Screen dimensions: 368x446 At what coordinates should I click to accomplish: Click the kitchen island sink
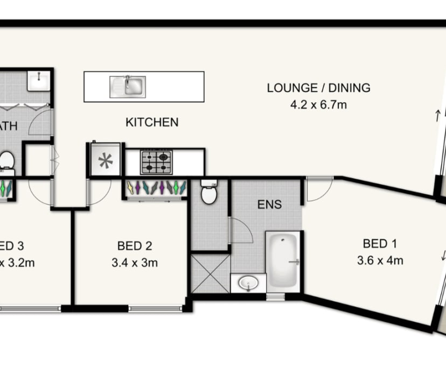pyautogui.click(x=128, y=87)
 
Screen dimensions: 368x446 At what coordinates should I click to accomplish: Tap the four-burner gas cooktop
pyautogui.click(x=156, y=162)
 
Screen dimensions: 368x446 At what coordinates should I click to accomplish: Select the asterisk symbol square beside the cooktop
pyautogui.click(x=106, y=160)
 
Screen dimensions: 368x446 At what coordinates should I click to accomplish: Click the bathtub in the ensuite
pyautogui.click(x=283, y=261)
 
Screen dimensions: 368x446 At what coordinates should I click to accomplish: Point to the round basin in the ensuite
pyautogui.click(x=248, y=282)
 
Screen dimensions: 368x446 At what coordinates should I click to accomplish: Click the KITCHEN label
pyautogui.click(x=152, y=123)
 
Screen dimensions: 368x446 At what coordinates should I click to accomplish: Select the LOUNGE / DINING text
pyautogui.click(x=318, y=88)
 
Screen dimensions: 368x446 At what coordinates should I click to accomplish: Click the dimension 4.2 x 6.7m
pyautogui.click(x=318, y=105)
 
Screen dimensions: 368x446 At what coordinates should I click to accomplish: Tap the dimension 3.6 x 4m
pyautogui.click(x=380, y=261)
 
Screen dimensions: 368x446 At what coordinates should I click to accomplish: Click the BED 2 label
pyautogui.click(x=135, y=246)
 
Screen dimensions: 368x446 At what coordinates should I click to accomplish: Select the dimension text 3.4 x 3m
pyautogui.click(x=135, y=263)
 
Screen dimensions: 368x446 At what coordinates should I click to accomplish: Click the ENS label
pyautogui.click(x=270, y=204)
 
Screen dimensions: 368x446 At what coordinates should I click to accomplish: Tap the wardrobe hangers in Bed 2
pyautogui.click(x=156, y=188)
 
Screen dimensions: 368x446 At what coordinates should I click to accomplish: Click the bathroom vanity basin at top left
pyautogui.click(x=38, y=81)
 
